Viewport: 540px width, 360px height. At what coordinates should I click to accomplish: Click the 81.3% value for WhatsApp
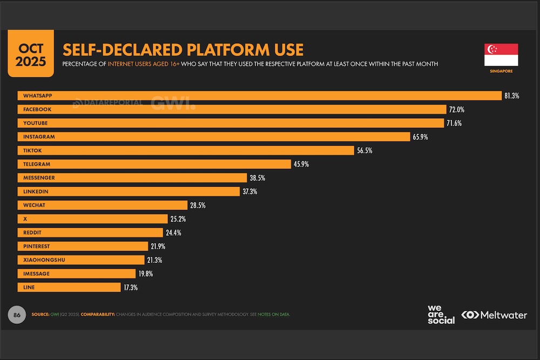click(511, 96)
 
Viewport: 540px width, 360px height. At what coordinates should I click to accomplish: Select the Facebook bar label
click(36, 110)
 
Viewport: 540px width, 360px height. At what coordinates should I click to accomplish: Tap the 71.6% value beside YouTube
click(454, 123)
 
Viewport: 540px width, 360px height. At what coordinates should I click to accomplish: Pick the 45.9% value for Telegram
click(301, 164)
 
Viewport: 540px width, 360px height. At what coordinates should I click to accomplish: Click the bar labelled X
click(92, 219)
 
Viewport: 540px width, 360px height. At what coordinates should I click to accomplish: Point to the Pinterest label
click(36, 247)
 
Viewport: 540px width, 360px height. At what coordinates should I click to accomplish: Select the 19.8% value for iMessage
click(145, 274)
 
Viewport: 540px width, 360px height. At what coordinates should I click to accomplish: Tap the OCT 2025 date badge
click(30, 53)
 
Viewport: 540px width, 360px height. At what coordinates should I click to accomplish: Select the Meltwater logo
click(494, 315)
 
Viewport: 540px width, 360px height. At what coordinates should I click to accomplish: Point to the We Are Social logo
click(441, 314)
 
